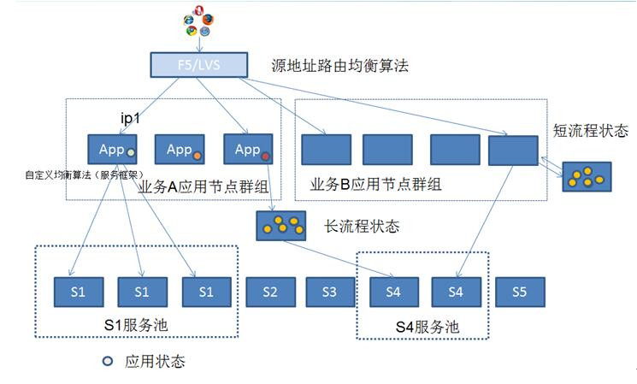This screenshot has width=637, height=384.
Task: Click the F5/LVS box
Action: tap(197, 64)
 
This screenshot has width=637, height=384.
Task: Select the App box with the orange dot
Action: tap(179, 150)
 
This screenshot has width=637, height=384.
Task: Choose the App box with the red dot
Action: tap(247, 150)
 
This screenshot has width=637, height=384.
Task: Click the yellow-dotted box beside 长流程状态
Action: tap(282, 226)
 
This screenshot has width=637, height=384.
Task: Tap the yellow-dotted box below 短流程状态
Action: tap(587, 176)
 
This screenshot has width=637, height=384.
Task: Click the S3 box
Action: tap(330, 291)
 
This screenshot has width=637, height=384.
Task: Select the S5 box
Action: tap(519, 291)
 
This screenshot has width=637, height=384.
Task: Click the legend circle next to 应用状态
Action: tap(108, 361)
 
